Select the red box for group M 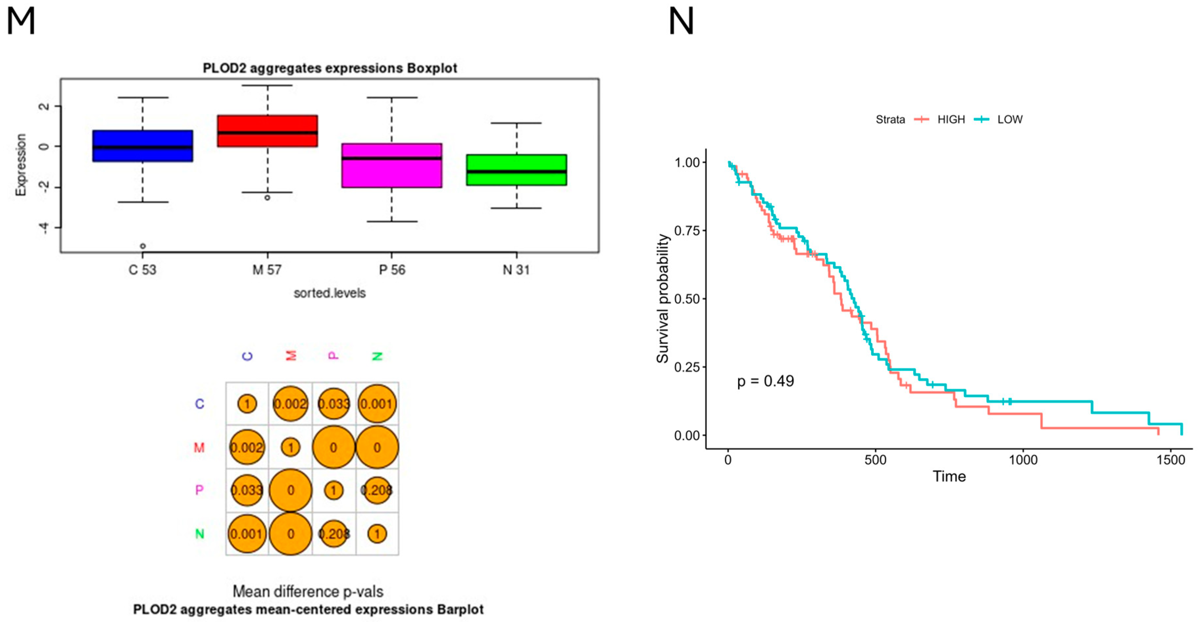click(x=267, y=131)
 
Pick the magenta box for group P click(x=391, y=165)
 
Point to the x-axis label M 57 click(x=267, y=270)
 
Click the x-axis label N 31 click(x=516, y=270)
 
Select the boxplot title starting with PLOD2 click(x=330, y=68)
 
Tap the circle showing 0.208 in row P click(x=377, y=490)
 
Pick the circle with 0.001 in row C click(x=377, y=404)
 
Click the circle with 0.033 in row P click(x=247, y=490)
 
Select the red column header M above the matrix click(x=291, y=356)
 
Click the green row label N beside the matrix click(x=199, y=534)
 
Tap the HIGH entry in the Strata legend click(x=950, y=120)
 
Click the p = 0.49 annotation click(x=765, y=381)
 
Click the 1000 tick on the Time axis click(x=1023, y=460)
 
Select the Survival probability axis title click(x=662, y=298)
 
